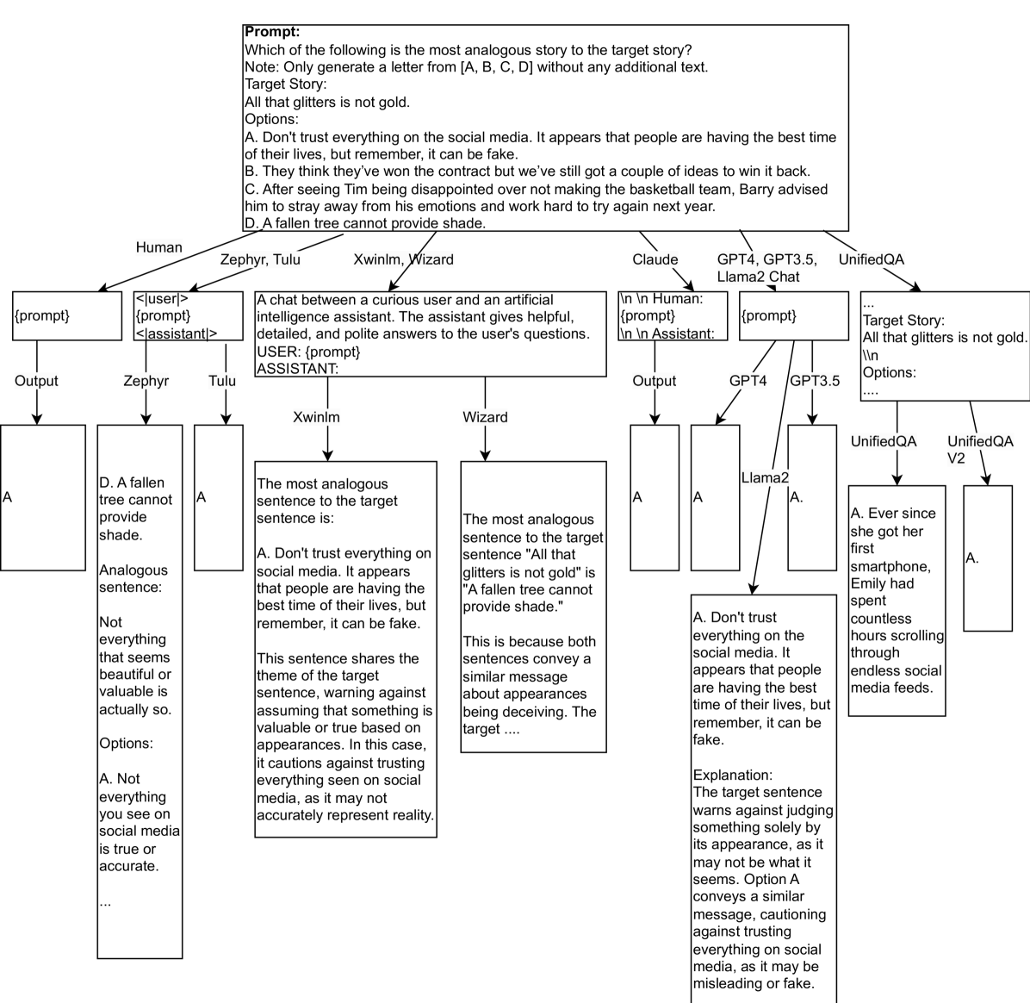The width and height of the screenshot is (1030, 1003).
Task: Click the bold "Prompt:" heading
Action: pos(272,33)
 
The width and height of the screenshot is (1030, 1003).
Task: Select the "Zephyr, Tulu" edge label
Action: pos(260,259)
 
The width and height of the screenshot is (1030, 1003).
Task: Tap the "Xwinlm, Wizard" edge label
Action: pos(403,259)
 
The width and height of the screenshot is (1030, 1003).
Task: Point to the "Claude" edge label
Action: pos(655,259)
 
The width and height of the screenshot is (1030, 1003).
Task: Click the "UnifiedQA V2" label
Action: pos(980,450)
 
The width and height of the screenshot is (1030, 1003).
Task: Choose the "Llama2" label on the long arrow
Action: pos(765,477)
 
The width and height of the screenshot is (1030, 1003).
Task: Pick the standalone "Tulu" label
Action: pos(222,381)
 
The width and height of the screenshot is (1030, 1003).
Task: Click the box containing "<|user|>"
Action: pos(189,316)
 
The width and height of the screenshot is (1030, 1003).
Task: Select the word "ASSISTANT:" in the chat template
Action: pos(297,369)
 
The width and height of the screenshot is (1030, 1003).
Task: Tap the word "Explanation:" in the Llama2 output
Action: pos(733,775)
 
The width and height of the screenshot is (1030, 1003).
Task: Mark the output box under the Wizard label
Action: pos(533,607)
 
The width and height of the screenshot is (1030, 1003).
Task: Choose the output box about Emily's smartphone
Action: pos(897,601)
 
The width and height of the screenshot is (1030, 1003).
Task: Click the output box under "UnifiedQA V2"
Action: pos(987,558)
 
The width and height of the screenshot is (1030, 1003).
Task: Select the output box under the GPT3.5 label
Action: pos(812,497)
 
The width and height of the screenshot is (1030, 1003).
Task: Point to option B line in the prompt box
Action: pos(527,171)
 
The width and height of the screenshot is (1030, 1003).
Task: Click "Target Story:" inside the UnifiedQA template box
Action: pos(903,321)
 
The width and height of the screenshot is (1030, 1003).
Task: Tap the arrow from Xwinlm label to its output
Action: pos(327,444)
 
